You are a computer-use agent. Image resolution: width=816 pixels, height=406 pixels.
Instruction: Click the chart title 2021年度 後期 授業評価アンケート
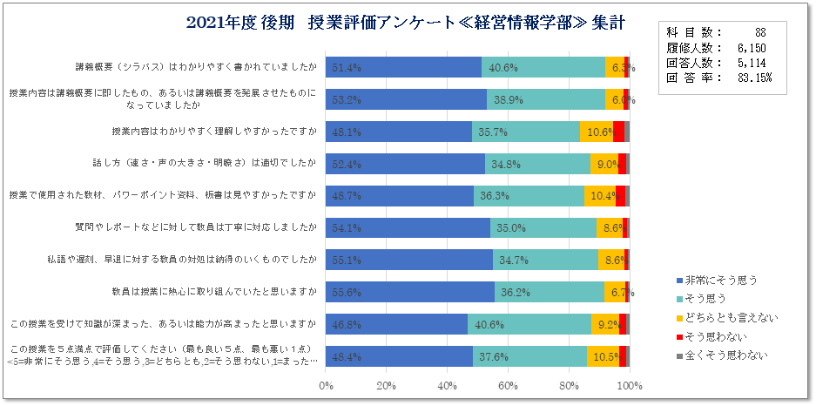(x=405, y=23)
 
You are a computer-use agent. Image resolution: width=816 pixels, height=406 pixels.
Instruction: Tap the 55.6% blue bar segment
(x=409, y=292)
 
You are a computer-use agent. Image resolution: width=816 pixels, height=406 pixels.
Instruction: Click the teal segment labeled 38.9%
(x=543, y=100)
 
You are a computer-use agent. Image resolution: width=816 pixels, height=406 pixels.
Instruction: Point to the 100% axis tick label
(x=629, y=385)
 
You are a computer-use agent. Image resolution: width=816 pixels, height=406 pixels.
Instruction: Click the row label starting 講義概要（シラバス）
(x=196, y=66)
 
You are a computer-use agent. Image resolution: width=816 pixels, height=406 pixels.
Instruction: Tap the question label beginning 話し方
(x=208, y=163)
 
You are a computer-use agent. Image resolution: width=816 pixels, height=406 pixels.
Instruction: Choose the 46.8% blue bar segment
(x=396, y=324)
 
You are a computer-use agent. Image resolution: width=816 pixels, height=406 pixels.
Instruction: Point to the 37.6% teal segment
(x=529, y=356)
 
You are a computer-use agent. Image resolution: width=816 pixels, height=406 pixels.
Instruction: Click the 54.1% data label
(x=346, y=228)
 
